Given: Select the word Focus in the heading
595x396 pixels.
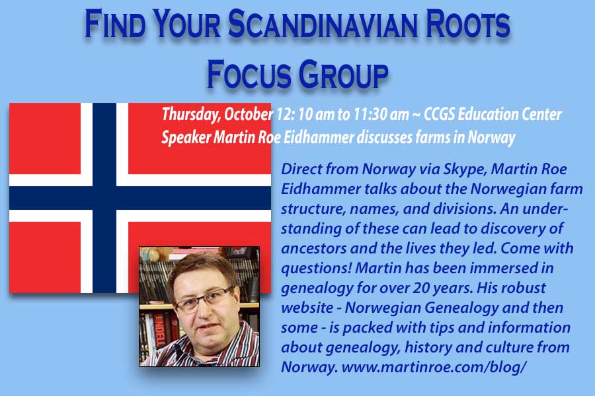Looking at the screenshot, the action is tap(249, 73).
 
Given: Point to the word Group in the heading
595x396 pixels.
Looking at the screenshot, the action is tap(343, 73).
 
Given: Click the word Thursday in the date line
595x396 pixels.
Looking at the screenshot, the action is tap(190, 114).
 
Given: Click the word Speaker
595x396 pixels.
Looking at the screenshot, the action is tap(186, 137).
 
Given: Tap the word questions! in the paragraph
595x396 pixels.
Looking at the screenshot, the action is tap(317, 269).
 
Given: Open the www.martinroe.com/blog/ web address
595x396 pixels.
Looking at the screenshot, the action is tap(434, 367).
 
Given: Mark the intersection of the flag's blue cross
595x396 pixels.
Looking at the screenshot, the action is tap(104, 198).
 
